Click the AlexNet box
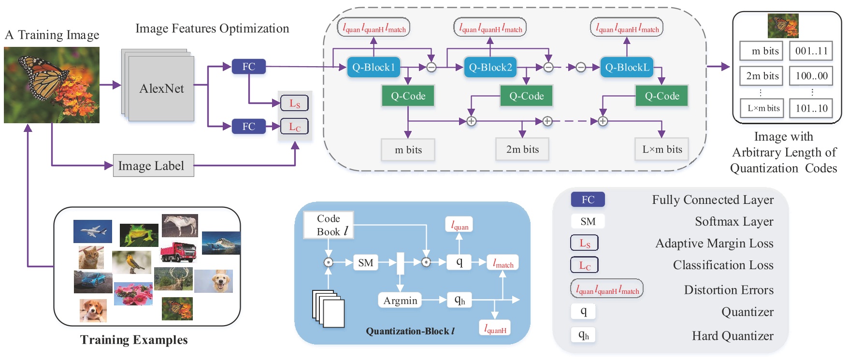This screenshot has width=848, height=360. pos(161,88)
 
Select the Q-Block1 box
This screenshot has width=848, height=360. pos(373,67)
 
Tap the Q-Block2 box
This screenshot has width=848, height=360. pos(490,67)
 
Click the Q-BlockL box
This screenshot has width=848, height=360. pos(627,67)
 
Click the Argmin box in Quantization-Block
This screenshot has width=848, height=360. pos(400,301)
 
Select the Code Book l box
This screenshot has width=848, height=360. pos(329,225)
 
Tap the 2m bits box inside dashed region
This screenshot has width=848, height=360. pos(522,149)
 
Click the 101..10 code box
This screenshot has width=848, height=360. pos(811,108)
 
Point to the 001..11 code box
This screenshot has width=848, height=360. pos(811,51)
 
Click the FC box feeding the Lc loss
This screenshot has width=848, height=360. pos(248,127)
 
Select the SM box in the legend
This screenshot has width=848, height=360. pos(588,221)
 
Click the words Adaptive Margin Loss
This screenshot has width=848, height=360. pos(714,243)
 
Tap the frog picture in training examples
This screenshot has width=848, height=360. pos(139,234)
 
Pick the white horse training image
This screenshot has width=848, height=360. pos(180,225)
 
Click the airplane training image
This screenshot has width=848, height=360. pos(93,231)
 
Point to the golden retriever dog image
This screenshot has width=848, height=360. pos(214,281)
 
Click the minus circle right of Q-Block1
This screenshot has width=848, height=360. pos(431,67)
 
